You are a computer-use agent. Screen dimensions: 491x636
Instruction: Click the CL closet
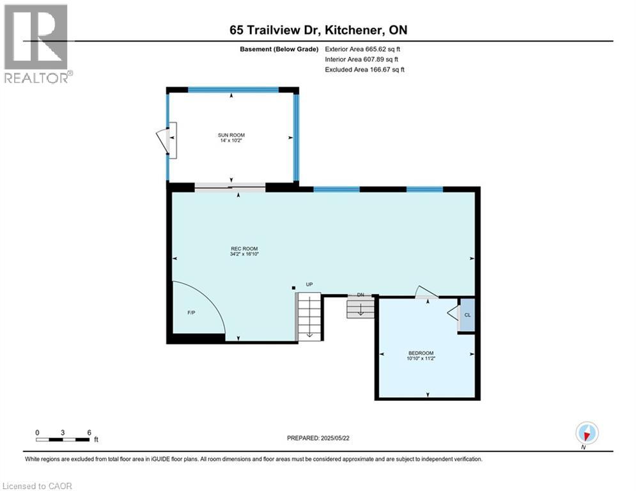(x=467, y=315)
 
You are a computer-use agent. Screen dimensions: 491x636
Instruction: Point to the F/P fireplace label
(x=191, y=313)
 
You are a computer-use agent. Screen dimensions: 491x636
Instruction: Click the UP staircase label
(x=309, y=284)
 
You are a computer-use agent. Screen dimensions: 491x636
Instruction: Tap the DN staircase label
(x=361, y=295)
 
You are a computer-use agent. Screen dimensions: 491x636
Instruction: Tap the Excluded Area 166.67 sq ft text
(x=365, y=69)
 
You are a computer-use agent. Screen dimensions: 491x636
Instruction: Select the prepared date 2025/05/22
(x=318, y=438)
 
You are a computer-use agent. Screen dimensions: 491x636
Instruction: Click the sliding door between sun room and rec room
(x=229, y=187)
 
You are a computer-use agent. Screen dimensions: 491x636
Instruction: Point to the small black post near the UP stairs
(x=293, y=288)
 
